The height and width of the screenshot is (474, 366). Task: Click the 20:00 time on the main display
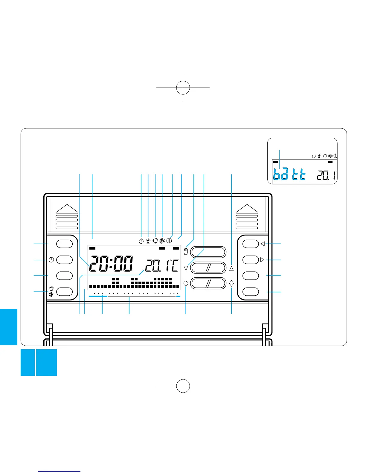coord(111,264)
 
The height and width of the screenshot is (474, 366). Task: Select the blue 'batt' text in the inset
coord(290,174)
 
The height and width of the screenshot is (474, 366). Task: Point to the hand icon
coord(186,251)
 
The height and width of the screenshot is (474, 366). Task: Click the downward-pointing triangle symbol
coord(186,268)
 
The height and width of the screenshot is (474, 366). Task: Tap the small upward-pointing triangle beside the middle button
coord(231,268)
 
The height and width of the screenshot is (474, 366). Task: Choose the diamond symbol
coord(231,283)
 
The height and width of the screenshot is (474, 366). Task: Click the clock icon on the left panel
coord(51,260)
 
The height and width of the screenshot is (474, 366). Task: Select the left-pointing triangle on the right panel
coord(263,244)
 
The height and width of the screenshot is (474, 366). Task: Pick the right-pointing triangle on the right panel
coord(263,260)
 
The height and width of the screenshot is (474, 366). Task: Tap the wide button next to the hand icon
coord(208,252)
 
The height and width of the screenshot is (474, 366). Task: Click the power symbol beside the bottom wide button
coord(186,283)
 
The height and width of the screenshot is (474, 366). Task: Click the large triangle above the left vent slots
coord(67,209)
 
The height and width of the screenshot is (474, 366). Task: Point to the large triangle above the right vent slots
coord(247,209)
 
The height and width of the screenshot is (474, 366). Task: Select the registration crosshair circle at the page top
coord(183,87)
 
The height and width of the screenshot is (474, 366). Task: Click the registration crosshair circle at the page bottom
coord(183,386)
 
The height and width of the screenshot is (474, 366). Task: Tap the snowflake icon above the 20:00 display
coord(162,241)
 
